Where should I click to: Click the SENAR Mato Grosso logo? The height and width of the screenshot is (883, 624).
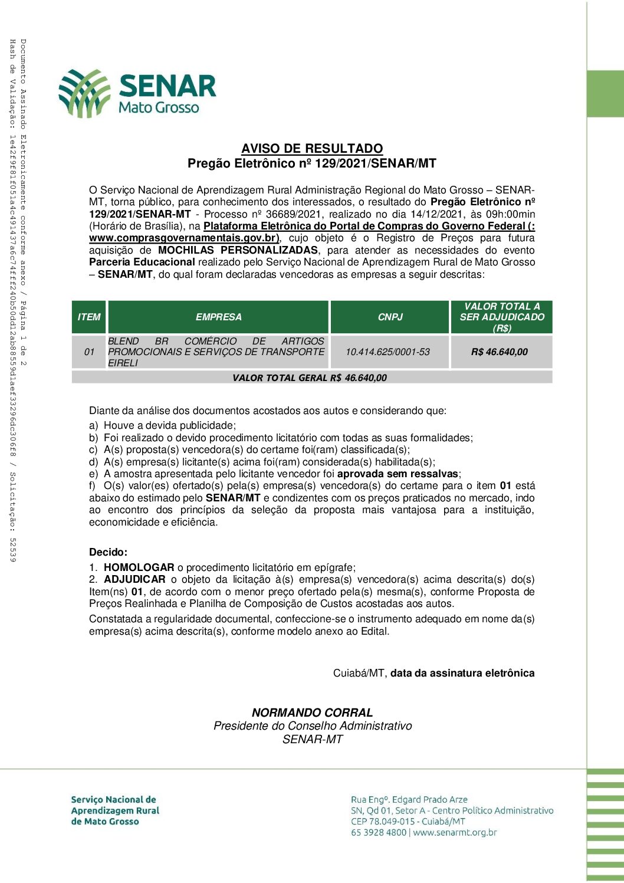coord(137,93)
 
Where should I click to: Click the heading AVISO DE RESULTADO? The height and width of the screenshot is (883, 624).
coord(312,149)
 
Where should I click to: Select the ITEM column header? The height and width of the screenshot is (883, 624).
coord(89,317)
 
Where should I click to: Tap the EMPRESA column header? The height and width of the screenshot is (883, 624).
coord(218,317)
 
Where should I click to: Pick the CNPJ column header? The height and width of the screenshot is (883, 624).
coord(390,317)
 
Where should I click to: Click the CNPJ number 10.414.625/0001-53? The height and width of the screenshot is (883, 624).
coord(387,352)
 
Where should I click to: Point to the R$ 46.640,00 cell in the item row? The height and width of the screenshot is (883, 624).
coord(500,352)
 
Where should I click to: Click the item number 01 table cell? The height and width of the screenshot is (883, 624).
coord(89,352)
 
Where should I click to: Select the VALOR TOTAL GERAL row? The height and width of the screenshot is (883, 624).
coord(310,378)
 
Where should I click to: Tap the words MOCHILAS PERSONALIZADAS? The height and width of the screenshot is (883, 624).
coord(238,250)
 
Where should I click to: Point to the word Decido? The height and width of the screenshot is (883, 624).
coord(108,553)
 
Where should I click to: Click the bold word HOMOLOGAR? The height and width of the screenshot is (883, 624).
coord(139,567)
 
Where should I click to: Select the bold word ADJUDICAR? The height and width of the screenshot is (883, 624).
coord(134,580)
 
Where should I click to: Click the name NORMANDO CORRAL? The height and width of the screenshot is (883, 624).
coord(312,713)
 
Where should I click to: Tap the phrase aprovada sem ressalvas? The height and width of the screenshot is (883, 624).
coord(398,474)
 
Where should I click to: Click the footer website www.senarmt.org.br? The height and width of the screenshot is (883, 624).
coord(455,833)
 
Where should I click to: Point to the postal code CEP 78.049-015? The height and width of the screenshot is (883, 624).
coord(383,822)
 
